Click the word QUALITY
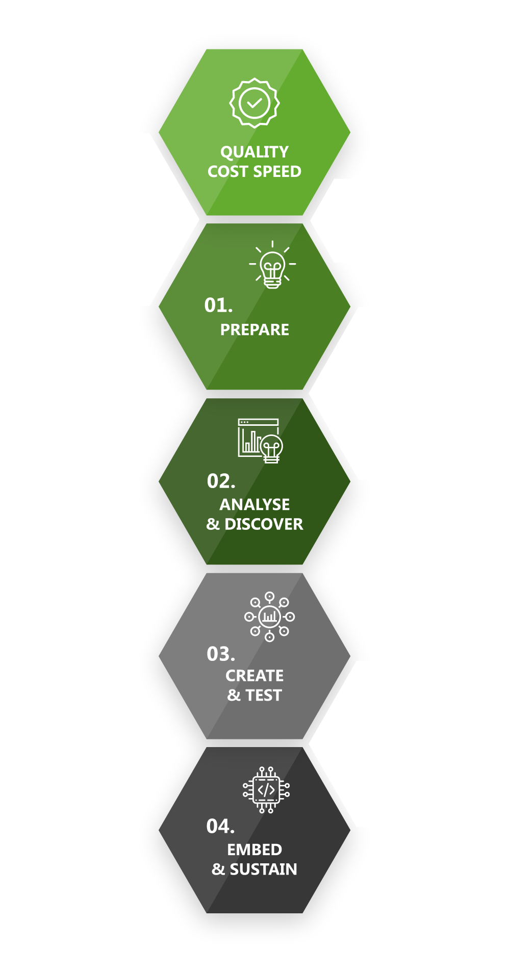254,152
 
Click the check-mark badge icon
254,102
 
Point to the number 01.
218,305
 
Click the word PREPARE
254,330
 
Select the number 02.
221,481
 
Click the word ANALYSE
254,504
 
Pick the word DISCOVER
264,524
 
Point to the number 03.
221,654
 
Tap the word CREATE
254,676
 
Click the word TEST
264,695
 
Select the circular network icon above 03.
269,617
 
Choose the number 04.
220,826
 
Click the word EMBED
254,850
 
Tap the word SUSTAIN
263,869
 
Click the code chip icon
266,790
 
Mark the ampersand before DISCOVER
213,524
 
